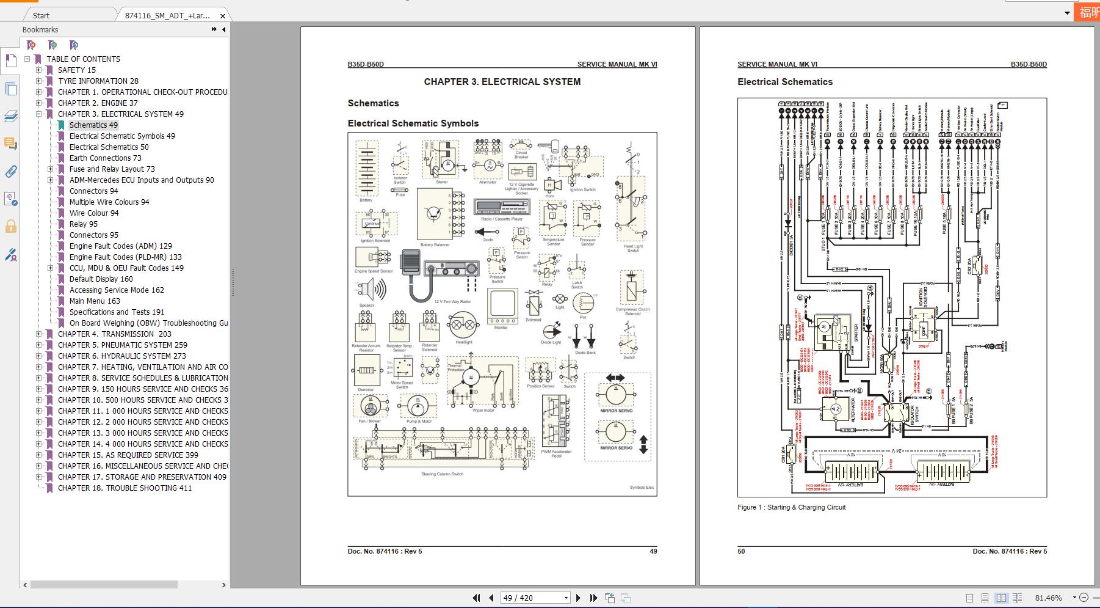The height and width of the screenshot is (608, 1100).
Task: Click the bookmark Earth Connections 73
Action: click(105, 158)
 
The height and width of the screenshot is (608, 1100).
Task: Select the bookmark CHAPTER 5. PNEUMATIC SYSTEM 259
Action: click(122, 345)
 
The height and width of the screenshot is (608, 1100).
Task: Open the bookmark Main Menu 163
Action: click(95, 301)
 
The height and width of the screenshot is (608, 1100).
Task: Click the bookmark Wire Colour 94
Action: click(94, 213)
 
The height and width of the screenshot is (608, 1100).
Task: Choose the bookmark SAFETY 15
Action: click(76, 70)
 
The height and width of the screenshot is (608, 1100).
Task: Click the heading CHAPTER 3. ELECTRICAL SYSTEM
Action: click(502, 81)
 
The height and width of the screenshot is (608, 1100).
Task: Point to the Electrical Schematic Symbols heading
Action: click(413, 123)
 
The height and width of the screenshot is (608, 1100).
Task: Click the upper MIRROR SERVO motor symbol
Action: click(615, 395)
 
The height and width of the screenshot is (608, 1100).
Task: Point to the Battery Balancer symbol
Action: click(435, 214)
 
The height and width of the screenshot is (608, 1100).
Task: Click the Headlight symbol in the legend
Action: click(463, 326)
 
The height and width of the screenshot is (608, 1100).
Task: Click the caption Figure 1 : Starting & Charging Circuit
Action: click(791, 507)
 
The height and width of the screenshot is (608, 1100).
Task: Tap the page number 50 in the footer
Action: click(741, 551)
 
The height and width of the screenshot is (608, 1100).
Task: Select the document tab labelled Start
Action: click(42, 15)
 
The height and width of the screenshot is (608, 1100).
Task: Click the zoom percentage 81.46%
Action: click(1048, 598)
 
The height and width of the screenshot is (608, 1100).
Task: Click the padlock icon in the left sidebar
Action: click(10, 227)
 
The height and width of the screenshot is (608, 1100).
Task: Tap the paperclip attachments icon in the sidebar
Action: click(10, 172)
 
